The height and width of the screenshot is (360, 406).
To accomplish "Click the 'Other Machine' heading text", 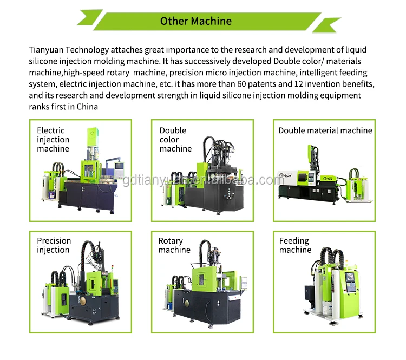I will pos(195,21).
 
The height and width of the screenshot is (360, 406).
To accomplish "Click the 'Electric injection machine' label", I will pos(53,140).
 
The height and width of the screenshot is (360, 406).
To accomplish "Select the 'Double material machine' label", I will pos(325,130).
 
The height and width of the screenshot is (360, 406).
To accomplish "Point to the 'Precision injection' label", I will pos(54,245).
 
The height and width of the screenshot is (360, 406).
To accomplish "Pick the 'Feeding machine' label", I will pos(295,245).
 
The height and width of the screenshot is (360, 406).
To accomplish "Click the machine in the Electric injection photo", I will pos(87,173).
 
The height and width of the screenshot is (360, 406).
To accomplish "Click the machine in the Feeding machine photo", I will pos(330,284).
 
